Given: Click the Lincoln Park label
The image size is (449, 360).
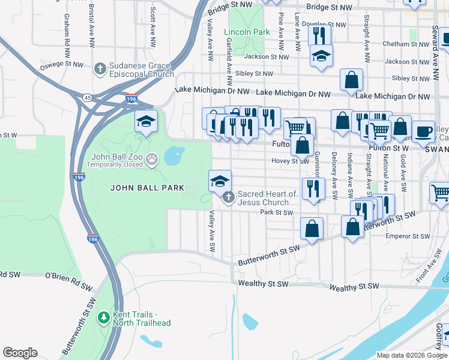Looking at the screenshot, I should pyautogui.click(x=247, y=32).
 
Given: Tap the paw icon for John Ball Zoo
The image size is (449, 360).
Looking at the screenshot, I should pyautogui.click(x=152, y=159).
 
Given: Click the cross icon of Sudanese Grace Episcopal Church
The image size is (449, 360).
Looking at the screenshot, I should pyautogui.click(x=100, y=68).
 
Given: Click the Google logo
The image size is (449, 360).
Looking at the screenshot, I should pyautogui.click(x=20, y=353).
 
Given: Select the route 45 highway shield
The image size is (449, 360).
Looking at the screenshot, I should pyautogui.click(x=88, y=98).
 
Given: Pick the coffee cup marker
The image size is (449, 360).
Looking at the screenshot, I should pyautogui.click(x=424, y=131).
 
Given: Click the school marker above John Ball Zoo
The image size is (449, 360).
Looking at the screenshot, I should pyautogui.click(x=145, y=121).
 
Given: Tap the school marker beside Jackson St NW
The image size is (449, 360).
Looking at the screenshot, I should pyautogui.click(x=321, y=56).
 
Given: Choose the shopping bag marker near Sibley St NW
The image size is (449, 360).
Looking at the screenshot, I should pyautogui.click(x=351, y=79).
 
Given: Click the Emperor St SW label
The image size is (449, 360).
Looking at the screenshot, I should pyautogui.click(x=406, y=236).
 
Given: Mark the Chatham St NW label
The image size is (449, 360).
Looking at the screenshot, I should pyautogui.click(x=406, y=44).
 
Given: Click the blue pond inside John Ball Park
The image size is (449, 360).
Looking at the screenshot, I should pyautogui.click(x=173, y=156).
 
